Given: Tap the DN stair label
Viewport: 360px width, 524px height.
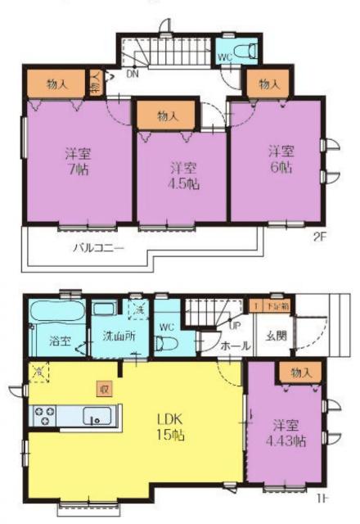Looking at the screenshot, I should coord(133,75).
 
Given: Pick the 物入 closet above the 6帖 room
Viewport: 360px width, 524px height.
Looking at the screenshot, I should coord(268,84).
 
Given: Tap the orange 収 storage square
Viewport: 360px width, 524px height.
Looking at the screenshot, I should coord(103,387).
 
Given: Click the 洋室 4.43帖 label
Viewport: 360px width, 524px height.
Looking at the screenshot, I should coord(288,433).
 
